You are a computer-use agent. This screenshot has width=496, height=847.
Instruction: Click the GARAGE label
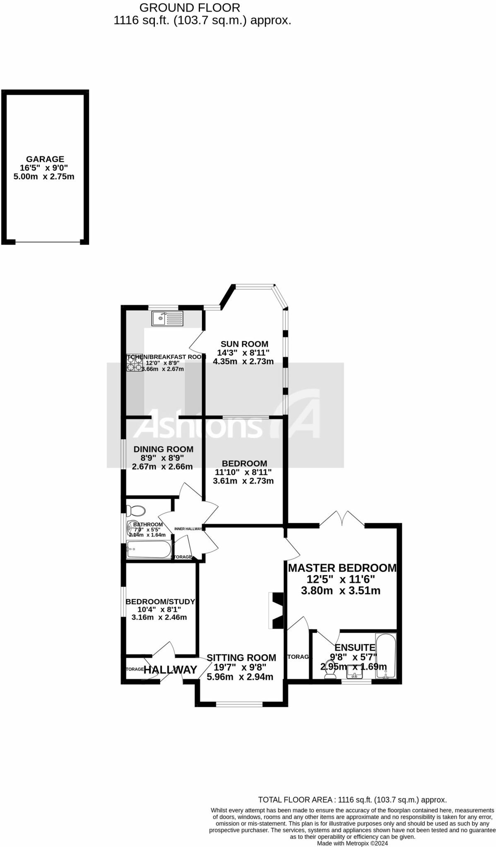click(x=45, y=159)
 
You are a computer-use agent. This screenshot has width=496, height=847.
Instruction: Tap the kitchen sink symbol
click(x=167, y=318)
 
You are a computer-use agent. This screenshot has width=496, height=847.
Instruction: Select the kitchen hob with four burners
click(x=134, y=363)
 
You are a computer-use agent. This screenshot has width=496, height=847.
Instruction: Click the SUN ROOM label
click(x=244, y=344)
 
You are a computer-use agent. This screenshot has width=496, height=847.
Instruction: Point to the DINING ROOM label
click(x=163, y=449)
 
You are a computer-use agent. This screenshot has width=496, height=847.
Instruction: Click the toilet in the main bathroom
click(x=136, y=511)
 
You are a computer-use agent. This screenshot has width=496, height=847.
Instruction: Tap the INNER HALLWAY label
click(x=188, y=529)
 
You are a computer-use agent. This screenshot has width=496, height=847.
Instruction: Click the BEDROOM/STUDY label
click(x=160, y=602)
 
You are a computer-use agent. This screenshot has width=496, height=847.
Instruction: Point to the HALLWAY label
click(x=170, y=670)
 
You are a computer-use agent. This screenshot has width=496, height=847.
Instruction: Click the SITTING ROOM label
click(x=241, y=658)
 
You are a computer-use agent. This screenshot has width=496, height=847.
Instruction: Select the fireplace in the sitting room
click(x=276, y=610)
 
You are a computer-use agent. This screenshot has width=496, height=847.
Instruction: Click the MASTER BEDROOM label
click(x=342, y=568)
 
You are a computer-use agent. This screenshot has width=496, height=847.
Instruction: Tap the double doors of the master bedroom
click(x=342, y=519)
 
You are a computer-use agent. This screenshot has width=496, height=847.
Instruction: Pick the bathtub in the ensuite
click(x=386, y=656)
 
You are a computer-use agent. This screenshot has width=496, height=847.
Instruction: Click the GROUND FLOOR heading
click(x=190, y=7)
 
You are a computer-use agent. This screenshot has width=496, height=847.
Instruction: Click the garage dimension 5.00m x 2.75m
click(x=44, y=177)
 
